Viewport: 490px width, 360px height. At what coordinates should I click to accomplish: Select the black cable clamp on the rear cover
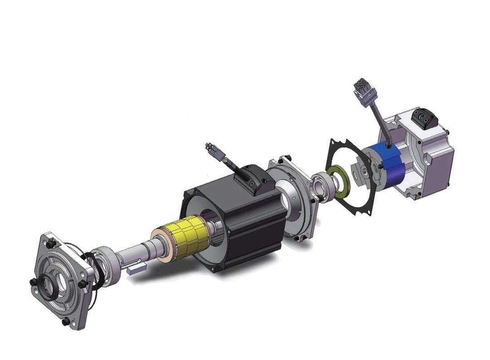[x=425, y=119]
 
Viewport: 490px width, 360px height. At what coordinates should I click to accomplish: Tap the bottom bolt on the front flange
[x=65, y=321]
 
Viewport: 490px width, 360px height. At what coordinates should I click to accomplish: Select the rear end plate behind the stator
[x=295, y=200]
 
